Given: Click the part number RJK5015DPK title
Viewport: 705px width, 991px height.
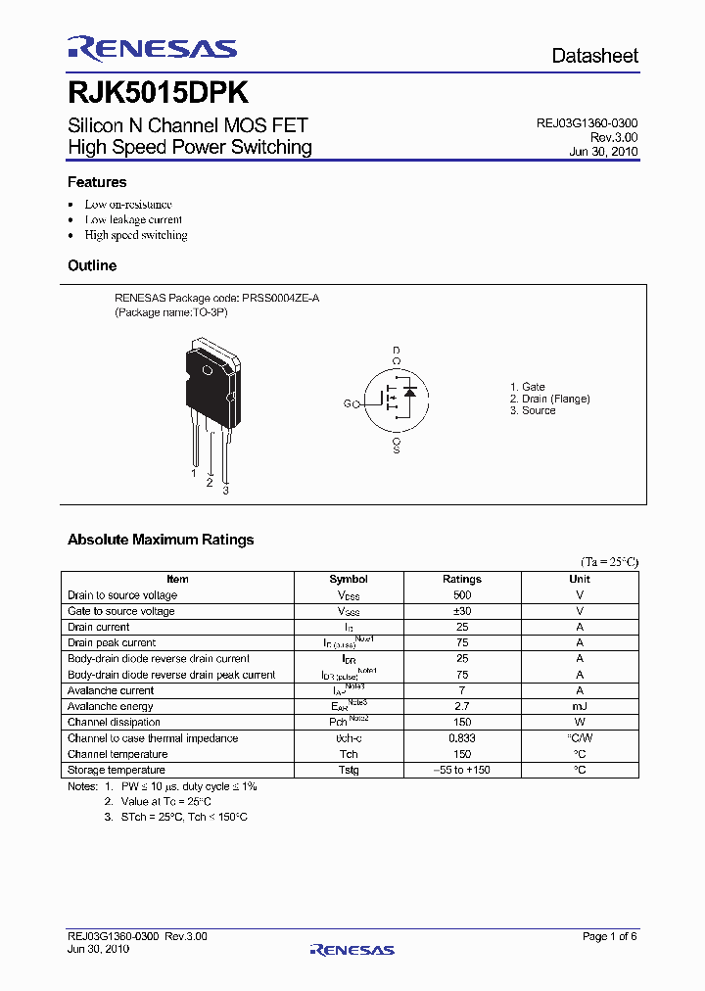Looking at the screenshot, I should [x=157, y=93].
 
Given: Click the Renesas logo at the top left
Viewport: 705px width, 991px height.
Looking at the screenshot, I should [x=152, y=48].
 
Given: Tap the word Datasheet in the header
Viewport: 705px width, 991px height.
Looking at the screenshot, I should [x=594, y=56].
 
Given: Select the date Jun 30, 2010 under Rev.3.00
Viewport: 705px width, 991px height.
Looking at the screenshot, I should [x=603, y=153].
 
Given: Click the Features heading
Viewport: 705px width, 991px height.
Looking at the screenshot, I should [x=97, y=182].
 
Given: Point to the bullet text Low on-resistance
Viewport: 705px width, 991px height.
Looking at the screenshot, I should [x=128, y=205].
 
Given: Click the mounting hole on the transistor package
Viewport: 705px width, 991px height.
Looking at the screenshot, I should [x=207, y=371].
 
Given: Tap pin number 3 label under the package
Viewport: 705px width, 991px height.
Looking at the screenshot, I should [x=225, y=490].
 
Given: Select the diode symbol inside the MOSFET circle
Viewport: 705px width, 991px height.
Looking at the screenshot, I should [x=410, y=392].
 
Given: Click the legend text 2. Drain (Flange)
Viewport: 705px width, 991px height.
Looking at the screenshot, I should [x=549, y=399].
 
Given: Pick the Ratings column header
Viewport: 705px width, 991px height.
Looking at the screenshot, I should [x=462, y=579].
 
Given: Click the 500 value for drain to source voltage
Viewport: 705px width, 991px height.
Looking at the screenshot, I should [x=462, y=595].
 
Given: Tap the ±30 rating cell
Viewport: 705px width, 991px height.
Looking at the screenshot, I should [x=462, y=611].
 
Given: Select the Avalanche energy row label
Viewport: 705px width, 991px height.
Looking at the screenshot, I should [x=111, y=706].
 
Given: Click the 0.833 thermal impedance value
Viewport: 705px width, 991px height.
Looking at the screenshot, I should [x=462, y=738].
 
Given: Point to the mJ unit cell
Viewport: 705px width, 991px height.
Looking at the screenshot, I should [x=580, y=706].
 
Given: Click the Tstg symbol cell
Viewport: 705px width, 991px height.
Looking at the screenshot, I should [x=349, y=770].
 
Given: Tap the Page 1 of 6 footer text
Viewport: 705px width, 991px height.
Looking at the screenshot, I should [x=609, y=937].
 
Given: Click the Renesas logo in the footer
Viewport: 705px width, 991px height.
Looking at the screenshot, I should [x=352, y=949].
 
